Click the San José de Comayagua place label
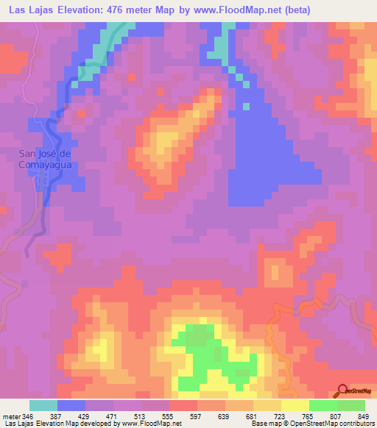pyautogui.click(x=44, y=159)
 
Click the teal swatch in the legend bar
pyautogui.click(x=43, y=405)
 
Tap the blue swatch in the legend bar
pyautogui.click(x=71, y=405)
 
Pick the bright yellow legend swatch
pyautogui.click(x=295, y=405)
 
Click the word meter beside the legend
pyautogui.click(x=11, y=415)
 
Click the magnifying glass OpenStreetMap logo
pyautogui.click(x=344, y=390)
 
